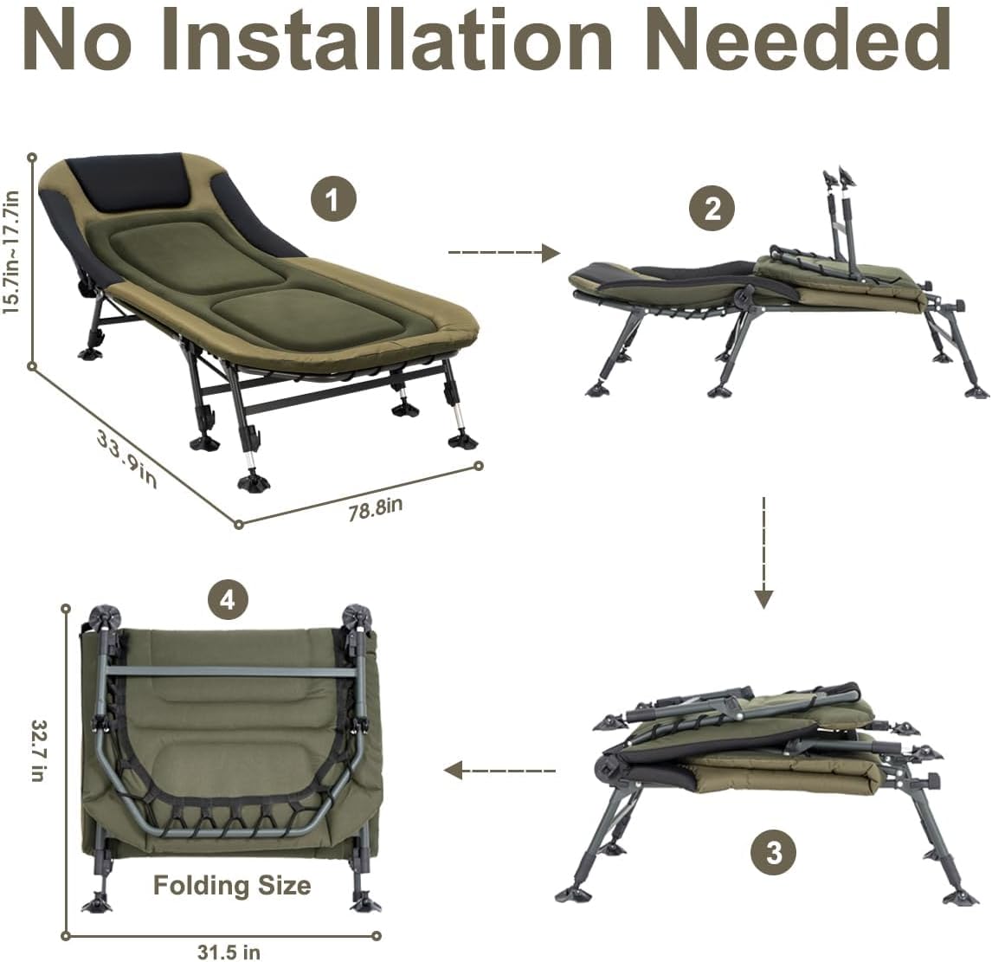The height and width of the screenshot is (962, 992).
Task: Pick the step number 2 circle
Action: [x=712, y=209]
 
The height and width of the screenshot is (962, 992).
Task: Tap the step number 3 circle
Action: [x=773, y=853]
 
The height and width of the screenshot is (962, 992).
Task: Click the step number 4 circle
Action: [x=227, y=600]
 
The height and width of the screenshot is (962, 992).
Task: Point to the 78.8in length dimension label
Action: [x=375, y=508]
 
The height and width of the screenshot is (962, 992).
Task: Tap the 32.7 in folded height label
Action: [x=37, y=751]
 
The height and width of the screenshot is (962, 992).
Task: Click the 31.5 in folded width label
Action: [x=227, y=952]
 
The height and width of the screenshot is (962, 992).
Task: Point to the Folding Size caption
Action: [x=231, y=885]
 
